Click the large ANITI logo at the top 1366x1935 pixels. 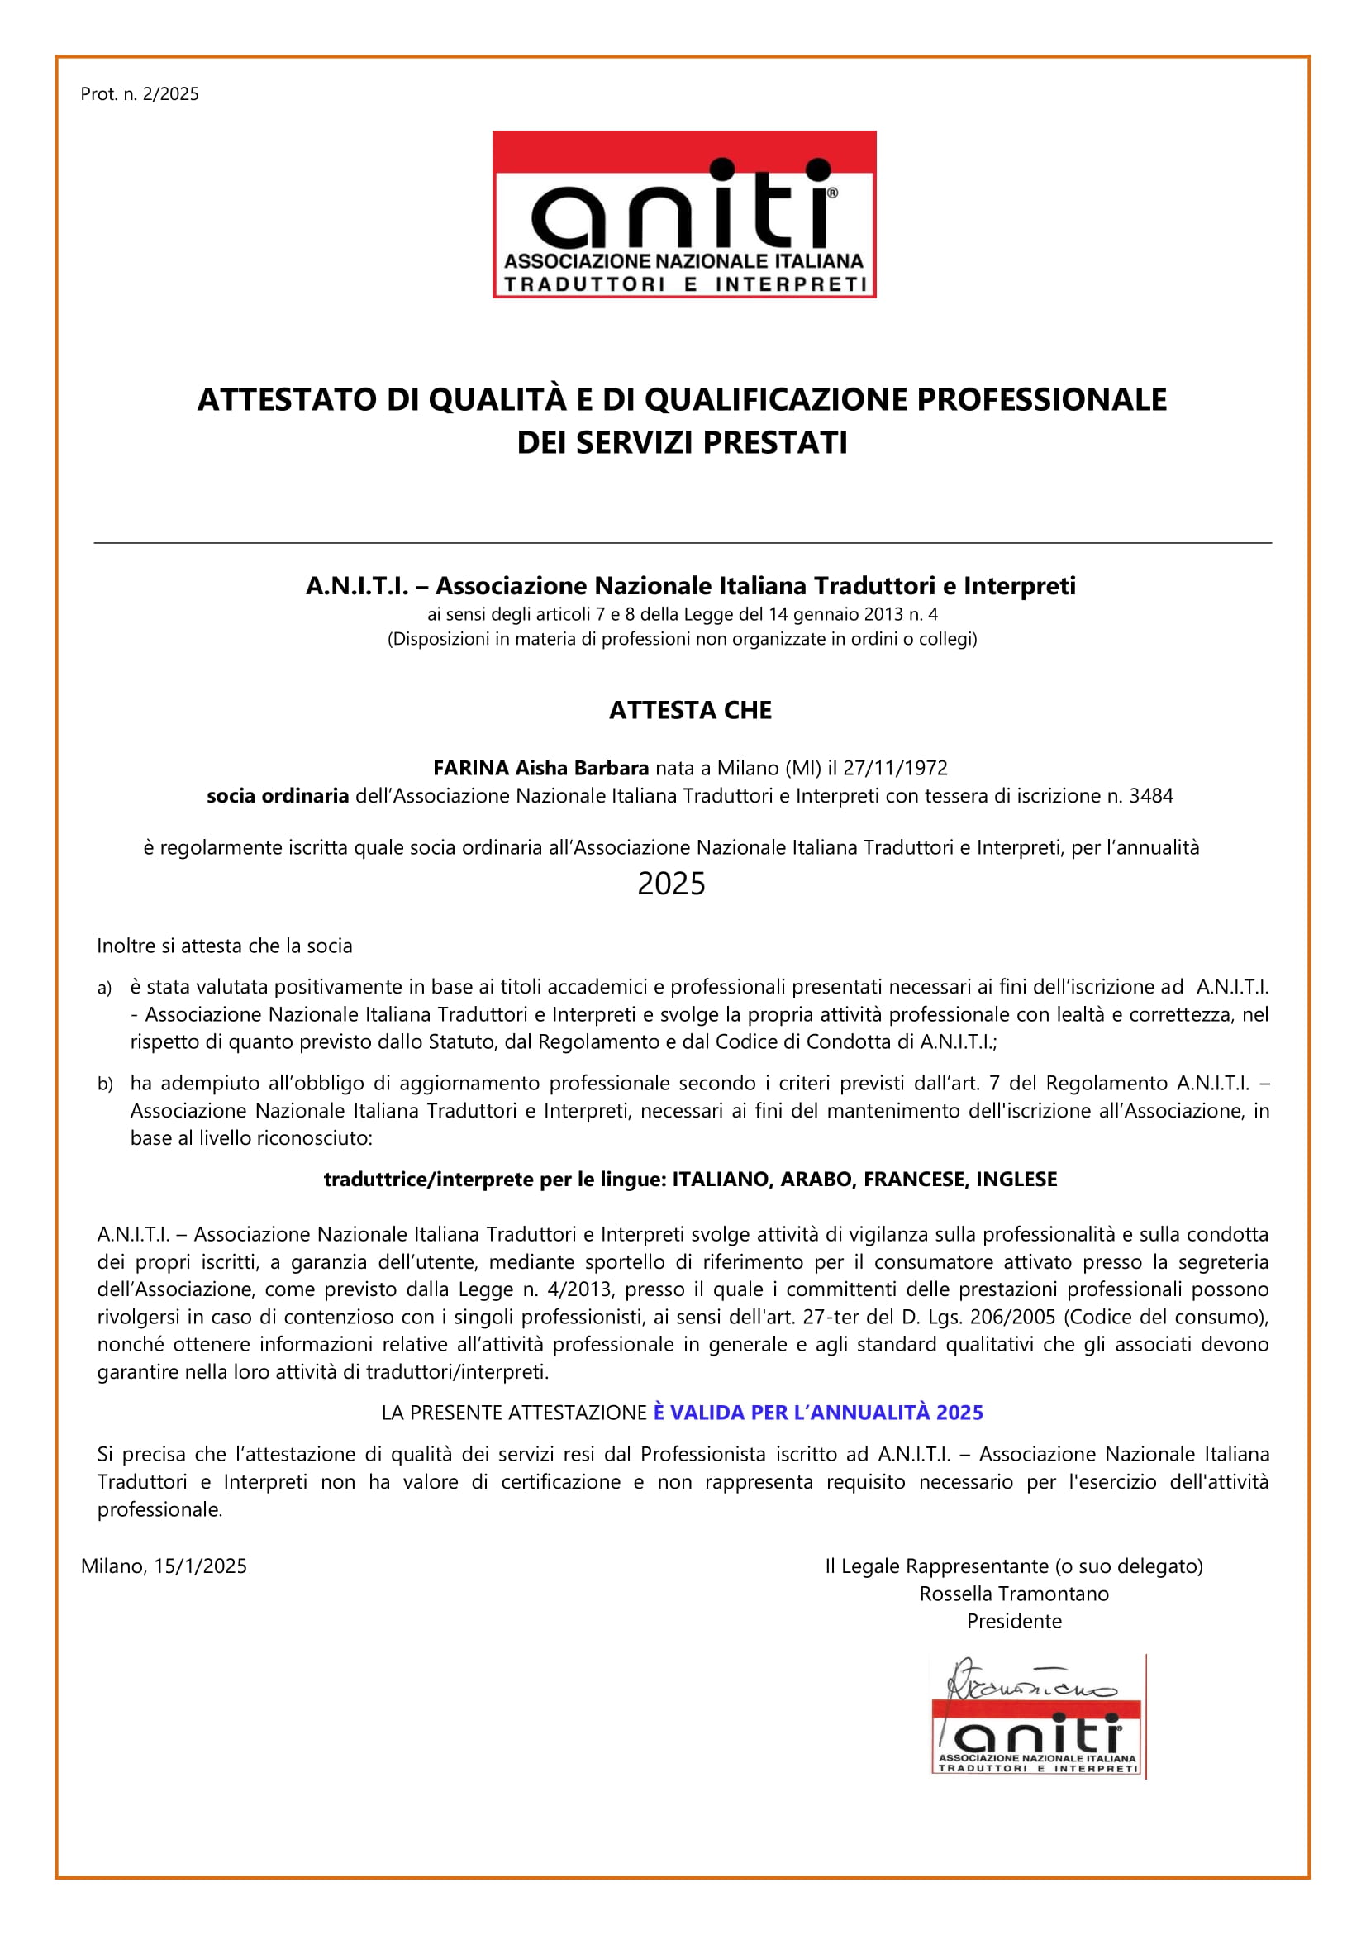[683, 214]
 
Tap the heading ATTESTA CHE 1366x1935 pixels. [689, 711]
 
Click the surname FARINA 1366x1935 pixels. [470, 768]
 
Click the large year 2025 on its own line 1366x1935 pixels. [671, 884]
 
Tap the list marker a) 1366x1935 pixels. [104, 988]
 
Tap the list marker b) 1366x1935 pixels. [104, 1084]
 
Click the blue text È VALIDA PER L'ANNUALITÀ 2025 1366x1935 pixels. [817, 1413]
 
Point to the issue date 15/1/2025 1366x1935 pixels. [200, 1566]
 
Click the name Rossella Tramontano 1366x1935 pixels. [1014, 1594]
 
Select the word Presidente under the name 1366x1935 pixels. [1014, 1621]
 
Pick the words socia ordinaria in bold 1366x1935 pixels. [277, 796]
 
